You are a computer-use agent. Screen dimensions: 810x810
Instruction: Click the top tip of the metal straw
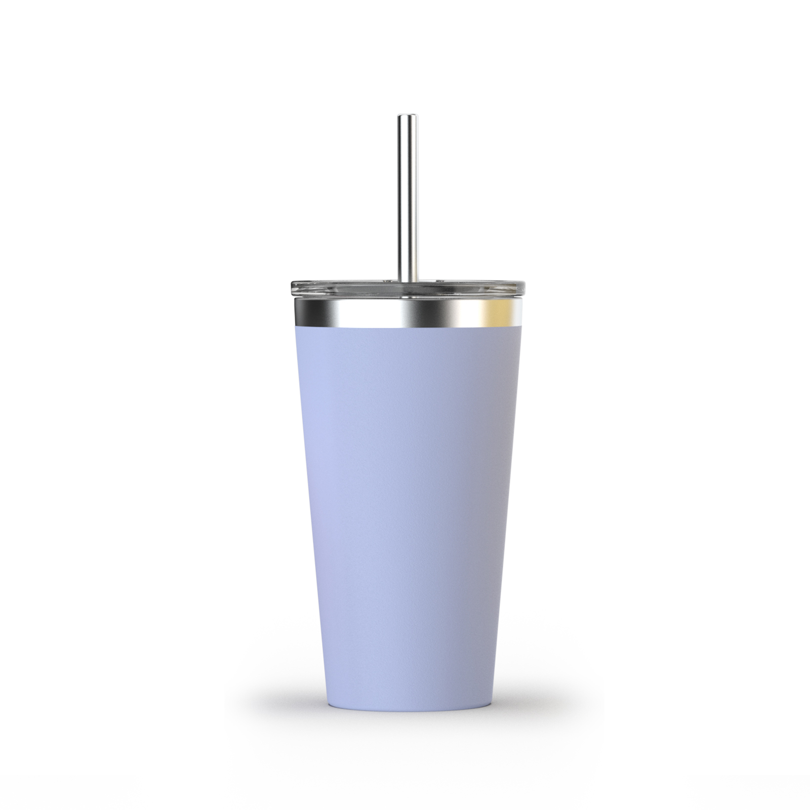[408, 117]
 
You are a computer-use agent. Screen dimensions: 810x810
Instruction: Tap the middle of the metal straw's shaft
[408, 197]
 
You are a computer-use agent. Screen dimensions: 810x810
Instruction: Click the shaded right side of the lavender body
[486, 506]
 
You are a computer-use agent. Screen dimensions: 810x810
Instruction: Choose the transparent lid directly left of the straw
[354, 286]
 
